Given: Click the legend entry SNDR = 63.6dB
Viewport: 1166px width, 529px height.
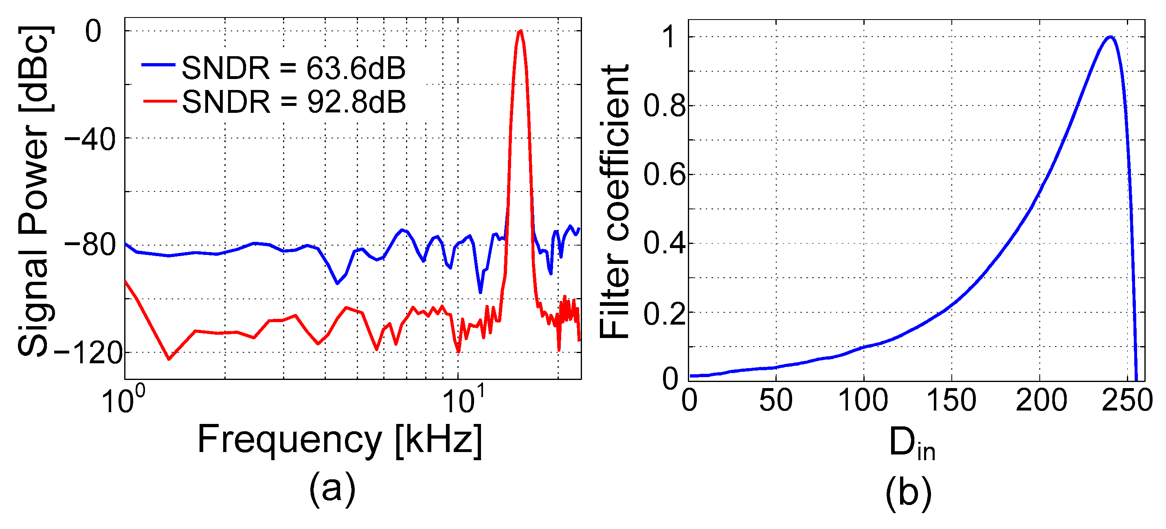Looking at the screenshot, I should [x=293, y=69].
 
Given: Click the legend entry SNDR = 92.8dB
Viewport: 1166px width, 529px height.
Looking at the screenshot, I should [x=293, y=102].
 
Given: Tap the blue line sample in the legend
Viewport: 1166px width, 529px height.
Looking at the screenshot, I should [x=158, y=65].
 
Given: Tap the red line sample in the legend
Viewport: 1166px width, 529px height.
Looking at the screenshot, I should [x=159, y=101].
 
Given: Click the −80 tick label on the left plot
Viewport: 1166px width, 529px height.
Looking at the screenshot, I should [x=90, y=246].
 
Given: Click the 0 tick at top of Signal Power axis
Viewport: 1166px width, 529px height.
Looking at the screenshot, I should [x=94, y=32].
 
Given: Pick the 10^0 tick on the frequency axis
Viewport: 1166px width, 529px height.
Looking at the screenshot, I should [x=123, y=399].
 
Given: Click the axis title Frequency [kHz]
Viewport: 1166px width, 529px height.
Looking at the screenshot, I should [x=340, y=440].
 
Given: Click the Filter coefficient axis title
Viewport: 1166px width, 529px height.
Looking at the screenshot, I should [x=614, y=201].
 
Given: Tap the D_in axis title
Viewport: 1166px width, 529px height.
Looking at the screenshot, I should [x=911, y=444].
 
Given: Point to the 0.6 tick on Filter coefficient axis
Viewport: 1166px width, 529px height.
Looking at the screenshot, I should [x=664, y=176].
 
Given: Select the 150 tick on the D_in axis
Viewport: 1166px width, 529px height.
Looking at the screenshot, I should [x=951, y=400].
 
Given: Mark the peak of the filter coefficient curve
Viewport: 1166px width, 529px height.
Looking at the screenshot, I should [x=1110, y=37].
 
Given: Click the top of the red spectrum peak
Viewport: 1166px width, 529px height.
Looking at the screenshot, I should [x=520, y=31].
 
